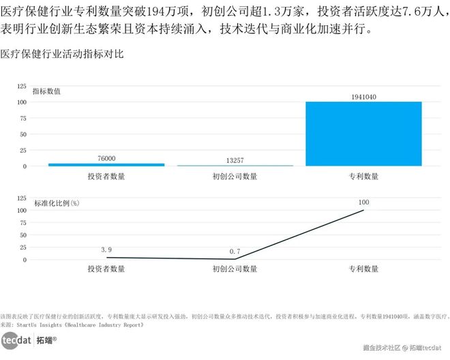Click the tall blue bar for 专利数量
(x=363, y=134)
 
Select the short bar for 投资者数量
(x=106, y=164)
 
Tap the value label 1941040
(x=363, y=97)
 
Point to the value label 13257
(x=235, y=160)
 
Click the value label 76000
(x=106, y=158)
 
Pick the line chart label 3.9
(x=106, y=250)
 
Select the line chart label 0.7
(x=235, y=252)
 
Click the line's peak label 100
(x=363, y=202)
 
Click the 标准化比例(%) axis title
(x=57, y=202)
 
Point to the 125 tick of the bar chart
(x=21, y=87)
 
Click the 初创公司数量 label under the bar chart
(x=235, y=177)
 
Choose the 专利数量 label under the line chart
(x=363, y=269)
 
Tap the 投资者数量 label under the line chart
(x=106, y=269)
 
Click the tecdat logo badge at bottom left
(x=16, y=339)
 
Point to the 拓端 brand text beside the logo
(x=46, y=339)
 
